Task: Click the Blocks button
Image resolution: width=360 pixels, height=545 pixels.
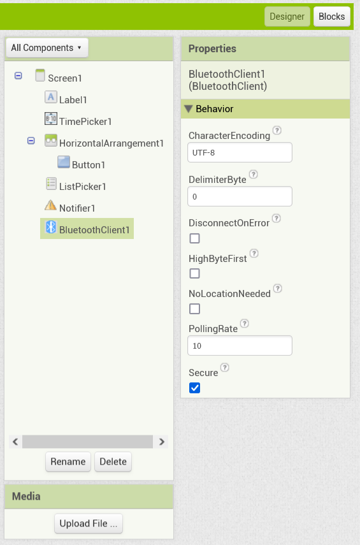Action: (x=331, y=17)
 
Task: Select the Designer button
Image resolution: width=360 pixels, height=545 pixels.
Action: (x=287, y=17)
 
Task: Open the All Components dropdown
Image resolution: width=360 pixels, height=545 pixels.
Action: (x=47, y=48)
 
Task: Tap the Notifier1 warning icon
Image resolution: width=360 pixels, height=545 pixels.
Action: (x=51, y=205)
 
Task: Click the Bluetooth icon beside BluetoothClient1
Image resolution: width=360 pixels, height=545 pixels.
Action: (x=51, y=227)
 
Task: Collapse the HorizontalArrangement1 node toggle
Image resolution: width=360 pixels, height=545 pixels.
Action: (x=31, y=140)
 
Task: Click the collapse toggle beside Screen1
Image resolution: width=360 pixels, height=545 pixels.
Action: (x=18, y=75)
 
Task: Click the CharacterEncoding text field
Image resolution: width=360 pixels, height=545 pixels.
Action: (x=240, y=152)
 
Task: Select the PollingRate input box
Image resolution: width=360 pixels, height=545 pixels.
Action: (x=240, y=345)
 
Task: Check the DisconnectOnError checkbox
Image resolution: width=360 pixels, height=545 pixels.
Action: (x=194, y=238)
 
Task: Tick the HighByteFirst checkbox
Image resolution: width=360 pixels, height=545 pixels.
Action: (x=194, y=273)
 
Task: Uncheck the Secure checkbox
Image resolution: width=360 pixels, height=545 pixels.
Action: (x=194, y=388)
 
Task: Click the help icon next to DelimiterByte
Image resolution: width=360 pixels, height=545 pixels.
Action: (x=254, y=175)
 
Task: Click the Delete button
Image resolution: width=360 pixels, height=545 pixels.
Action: (x=113, y=461)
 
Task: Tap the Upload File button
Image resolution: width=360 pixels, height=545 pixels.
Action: (x=89, y=523)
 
